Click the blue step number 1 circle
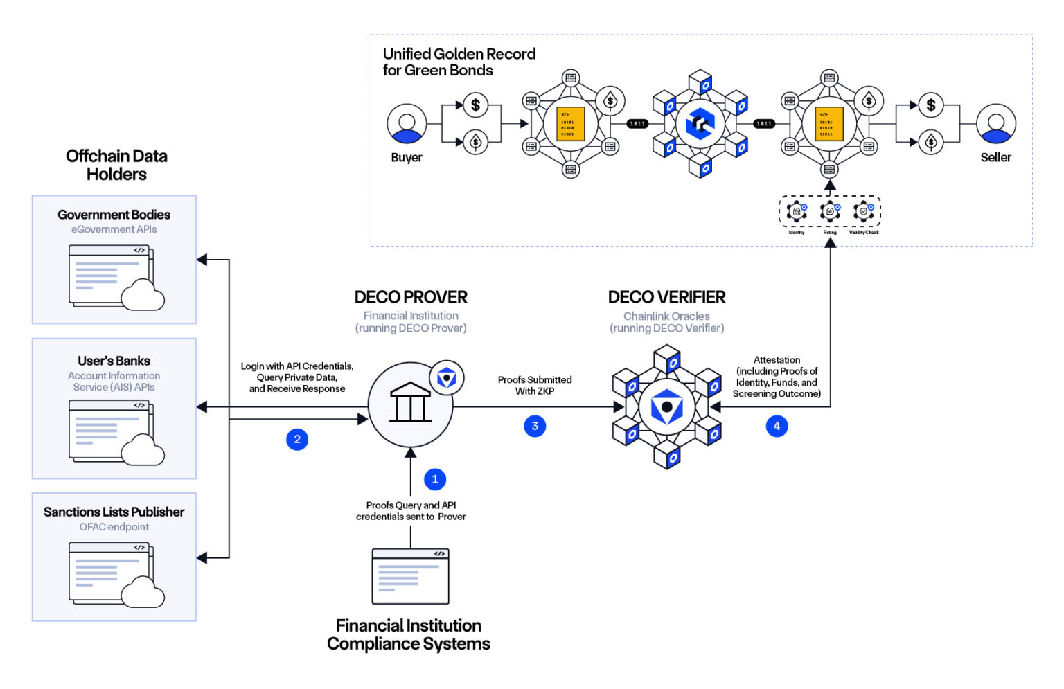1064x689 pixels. click(435, 479)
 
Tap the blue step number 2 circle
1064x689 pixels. click(297, 439)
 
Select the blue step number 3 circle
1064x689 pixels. click(535, 426)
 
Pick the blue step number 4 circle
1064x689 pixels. click(777, 426)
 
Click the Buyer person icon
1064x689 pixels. click(407, 124)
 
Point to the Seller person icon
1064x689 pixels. click(995, 124)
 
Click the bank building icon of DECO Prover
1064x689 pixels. click(410, 404)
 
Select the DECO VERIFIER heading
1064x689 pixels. click(666, 297)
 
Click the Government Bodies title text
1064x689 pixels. click(114, 215)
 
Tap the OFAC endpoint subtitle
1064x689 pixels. click(114, 527)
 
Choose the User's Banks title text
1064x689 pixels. click(114, 361)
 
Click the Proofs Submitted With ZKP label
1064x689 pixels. click(535, 386)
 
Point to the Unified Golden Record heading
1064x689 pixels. click(459, 62)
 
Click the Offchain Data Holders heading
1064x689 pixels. click(116, 165)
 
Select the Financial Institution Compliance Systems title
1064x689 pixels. click(409, 634)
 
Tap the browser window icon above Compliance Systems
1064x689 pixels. click(410, 576)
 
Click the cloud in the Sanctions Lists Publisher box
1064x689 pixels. click(143, 592)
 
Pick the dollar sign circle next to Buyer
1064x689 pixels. click(475, 105)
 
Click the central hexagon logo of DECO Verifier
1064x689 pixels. click(666, 407)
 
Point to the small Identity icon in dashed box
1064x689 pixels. click(797, 212)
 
